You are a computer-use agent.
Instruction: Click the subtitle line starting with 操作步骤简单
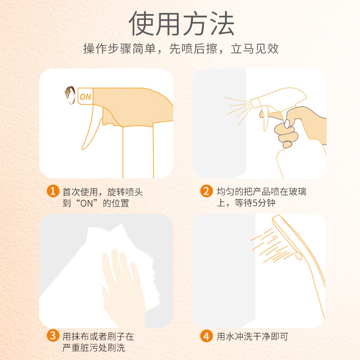pos(181,49)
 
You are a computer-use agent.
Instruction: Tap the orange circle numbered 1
pos(53,191)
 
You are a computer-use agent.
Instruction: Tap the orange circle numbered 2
pos(206,191)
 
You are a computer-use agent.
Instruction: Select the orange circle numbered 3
pos(53,336)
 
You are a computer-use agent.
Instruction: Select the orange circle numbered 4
pos(206,336)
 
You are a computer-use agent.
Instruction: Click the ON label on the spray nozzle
pos(85,96)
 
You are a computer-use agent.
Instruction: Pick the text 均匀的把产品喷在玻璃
pos(261,192)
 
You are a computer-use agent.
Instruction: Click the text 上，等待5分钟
pos(246,203)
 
